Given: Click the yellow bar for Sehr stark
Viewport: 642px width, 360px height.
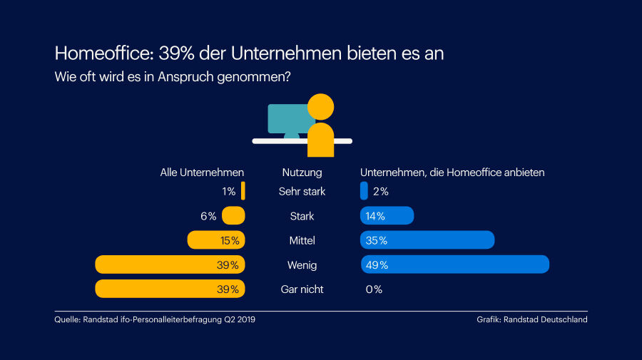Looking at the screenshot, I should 243,191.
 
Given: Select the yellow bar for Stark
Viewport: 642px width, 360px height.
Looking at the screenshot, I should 234,216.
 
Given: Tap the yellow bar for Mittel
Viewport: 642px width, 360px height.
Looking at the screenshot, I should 216,240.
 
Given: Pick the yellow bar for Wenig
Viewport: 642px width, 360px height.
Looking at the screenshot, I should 170,264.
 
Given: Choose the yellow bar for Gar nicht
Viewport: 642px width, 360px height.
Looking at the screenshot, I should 170,289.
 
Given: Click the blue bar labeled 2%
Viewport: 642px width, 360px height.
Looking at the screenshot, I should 365,191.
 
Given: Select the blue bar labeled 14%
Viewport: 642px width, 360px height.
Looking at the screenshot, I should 387,216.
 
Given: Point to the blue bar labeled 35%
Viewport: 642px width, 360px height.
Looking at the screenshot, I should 428,240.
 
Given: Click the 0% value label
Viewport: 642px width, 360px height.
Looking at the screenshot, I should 374,289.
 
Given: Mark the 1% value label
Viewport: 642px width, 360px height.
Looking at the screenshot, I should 228,191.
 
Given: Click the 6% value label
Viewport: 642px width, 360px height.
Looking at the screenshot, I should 208,216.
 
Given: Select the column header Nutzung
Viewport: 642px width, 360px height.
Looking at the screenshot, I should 302,173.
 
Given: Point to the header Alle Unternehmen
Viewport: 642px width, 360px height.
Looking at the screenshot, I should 202,173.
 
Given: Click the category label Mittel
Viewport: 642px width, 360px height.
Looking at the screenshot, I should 302,240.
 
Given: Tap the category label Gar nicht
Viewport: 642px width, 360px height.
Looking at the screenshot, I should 302,289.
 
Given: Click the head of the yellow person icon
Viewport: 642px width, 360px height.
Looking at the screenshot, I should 321,107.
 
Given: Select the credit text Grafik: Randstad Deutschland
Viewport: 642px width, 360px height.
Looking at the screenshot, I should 532,320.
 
